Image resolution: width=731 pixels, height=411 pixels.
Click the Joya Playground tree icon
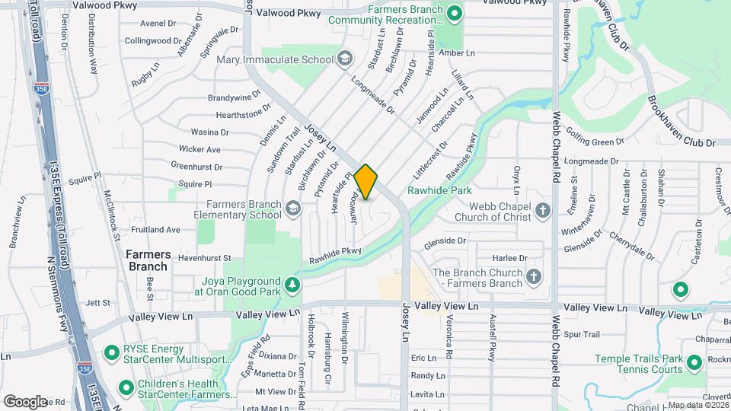click(292, 285)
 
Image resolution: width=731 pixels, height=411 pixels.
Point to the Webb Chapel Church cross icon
click(542, 210)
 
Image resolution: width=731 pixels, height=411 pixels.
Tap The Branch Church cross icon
click(534, 278)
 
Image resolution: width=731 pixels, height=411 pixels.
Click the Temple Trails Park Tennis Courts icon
click(694, 363)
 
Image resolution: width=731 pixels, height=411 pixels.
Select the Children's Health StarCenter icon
click(126, 387)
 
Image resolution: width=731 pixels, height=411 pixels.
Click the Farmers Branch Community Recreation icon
click(455, 13)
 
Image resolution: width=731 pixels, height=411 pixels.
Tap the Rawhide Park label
click(439, 190)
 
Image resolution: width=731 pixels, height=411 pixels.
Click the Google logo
click(25, 401)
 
